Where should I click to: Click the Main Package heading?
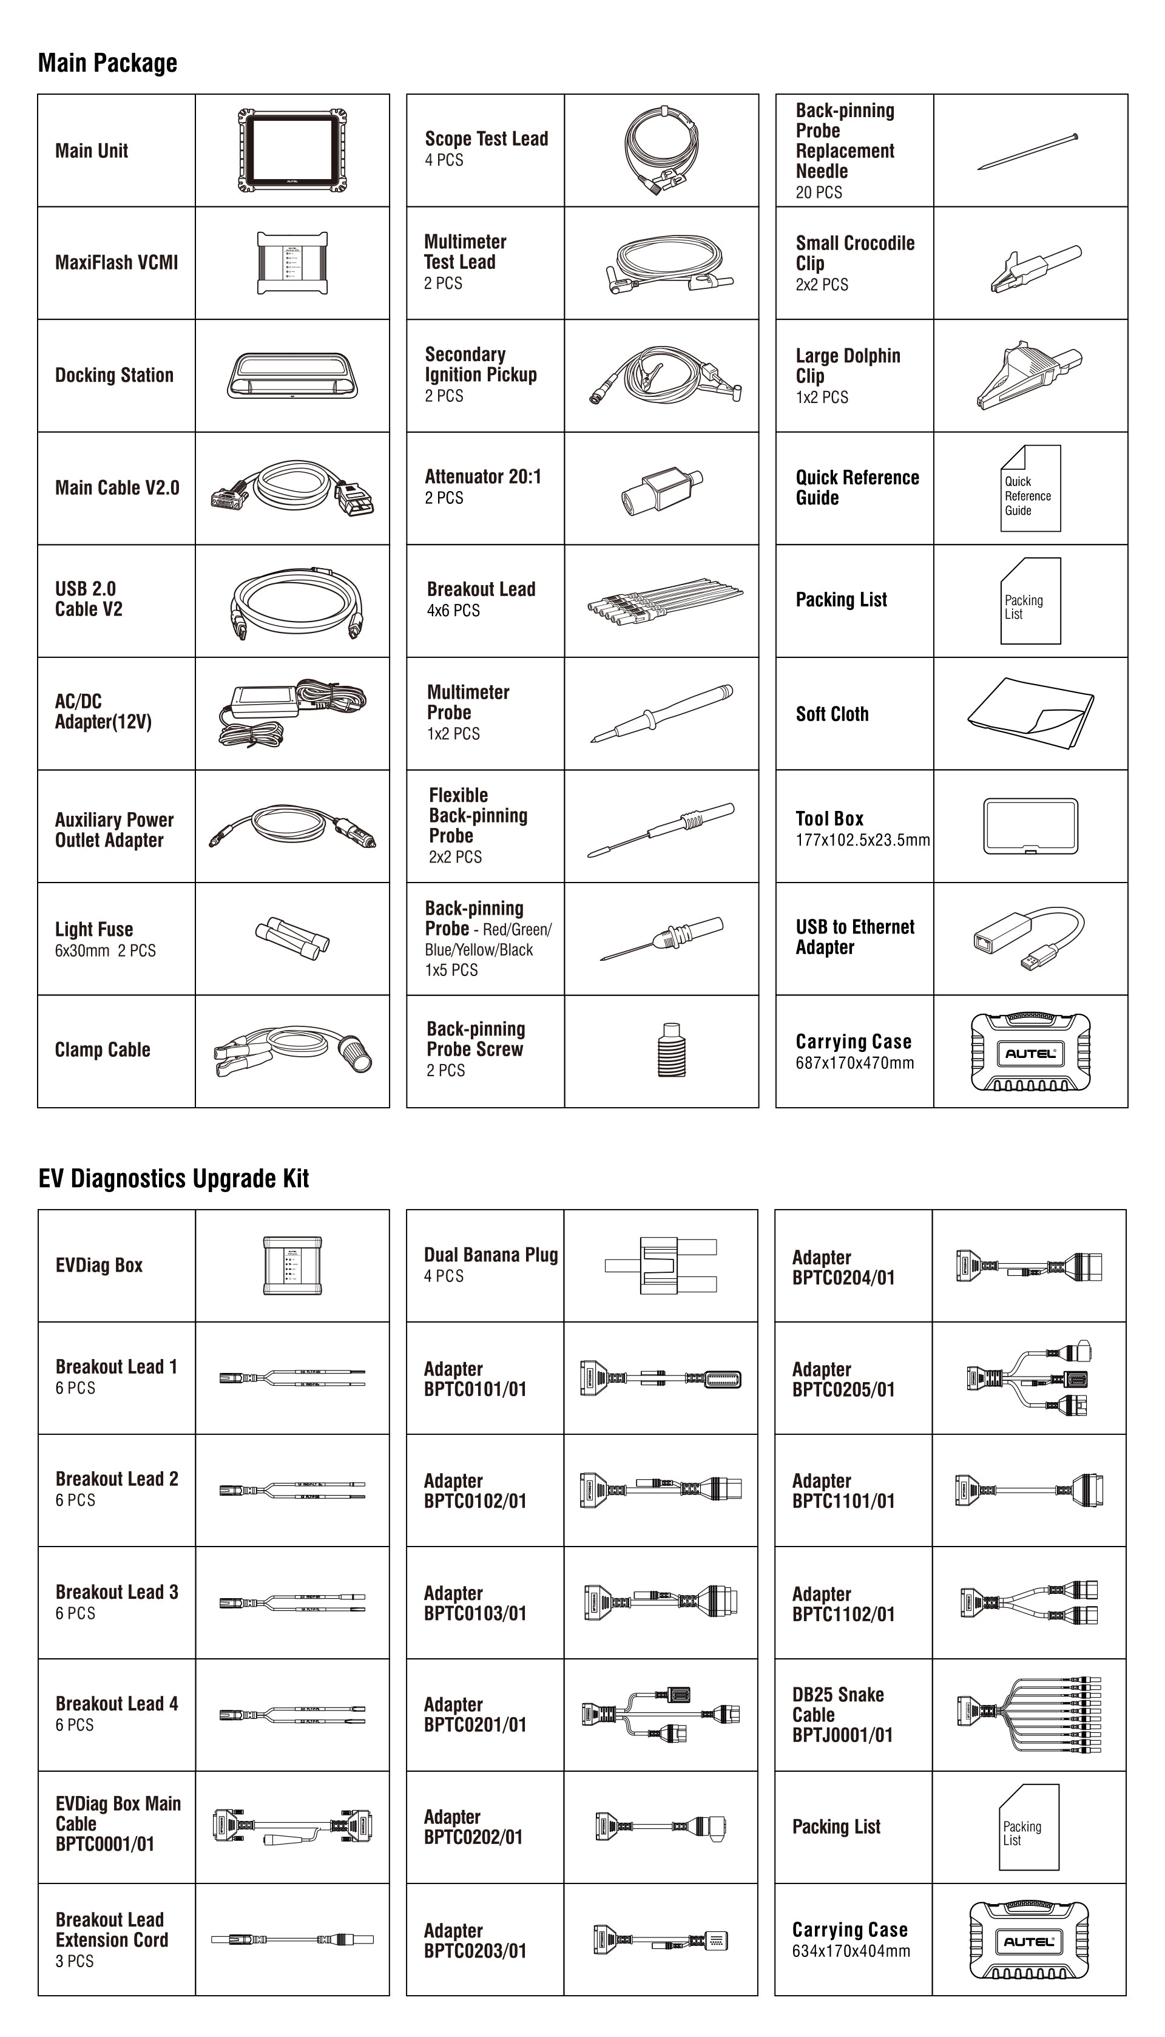(x=107, y=63)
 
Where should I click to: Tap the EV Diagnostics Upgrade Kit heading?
(x=173, y=1178)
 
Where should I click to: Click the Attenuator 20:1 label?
(x=482, y=477)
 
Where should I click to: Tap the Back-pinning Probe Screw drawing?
(x=671, y=1050)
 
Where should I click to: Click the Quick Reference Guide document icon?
(x=1030, y=488)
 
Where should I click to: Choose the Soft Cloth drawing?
(x=1030, y=714)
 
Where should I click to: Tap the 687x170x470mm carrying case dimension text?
(x=854, y=1063)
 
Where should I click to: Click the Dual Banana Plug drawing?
(x=660, y=1266)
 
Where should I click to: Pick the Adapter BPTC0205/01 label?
(x=843, y=1379)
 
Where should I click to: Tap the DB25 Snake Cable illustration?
(x=1028, y=1715)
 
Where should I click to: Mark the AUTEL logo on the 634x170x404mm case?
(x=1028, y=1941)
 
